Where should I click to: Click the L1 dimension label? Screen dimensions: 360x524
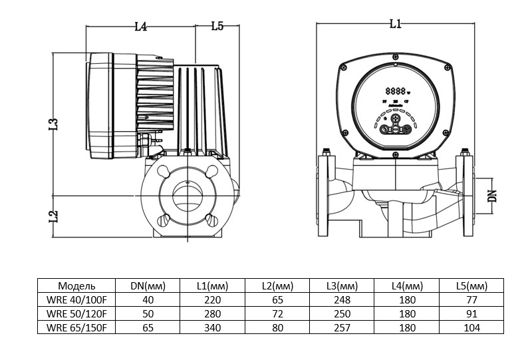click(395, 24)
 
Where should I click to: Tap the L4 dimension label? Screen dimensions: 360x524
click(140, 27)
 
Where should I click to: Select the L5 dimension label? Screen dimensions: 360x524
click(217, 27)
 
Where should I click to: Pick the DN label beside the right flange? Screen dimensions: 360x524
click(493, 195)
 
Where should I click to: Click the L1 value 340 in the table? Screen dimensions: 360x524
click(212, 327)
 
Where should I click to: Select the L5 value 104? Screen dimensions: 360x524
click(473, 327)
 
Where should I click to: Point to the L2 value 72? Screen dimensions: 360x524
click(277, 313)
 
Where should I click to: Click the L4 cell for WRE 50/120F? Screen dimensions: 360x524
click(408, 313)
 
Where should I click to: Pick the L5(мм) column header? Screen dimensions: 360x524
click(473, 285)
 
